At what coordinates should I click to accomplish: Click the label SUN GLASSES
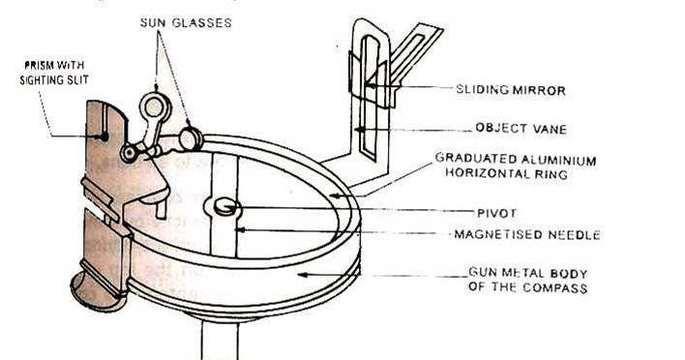click(x=186, y=21)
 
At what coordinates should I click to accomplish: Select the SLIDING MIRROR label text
click(x=509, y=90)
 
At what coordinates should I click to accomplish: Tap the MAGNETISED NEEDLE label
click(x=527, y=234)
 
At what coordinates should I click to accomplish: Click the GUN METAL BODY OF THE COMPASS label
click(x=528, y=281)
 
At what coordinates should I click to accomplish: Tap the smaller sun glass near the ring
click(x=191, y=136)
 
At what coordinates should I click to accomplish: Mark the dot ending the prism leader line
click(x=105, y=136)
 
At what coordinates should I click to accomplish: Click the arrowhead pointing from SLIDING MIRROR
click(x=371, y=89)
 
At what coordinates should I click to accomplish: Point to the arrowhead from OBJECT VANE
click(x=358, y=127)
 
